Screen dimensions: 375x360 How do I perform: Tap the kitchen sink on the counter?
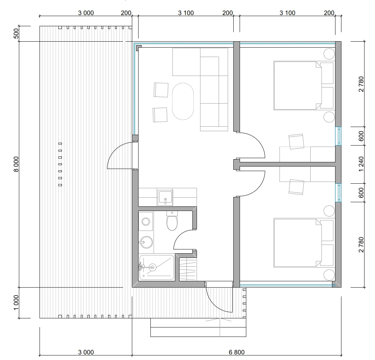point(165,198)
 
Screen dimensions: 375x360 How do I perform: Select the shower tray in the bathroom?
point(157,267)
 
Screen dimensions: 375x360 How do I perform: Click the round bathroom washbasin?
point(146,242)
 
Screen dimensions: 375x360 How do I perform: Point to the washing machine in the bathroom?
point(146,221)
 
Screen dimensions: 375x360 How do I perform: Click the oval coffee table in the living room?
point(183,101)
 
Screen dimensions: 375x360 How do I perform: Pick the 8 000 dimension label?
point(16,164)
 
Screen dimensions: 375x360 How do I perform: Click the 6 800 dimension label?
point(236,352)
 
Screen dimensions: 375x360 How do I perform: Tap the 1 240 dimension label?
point(361,164)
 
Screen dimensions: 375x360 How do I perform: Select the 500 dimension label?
point(16,34)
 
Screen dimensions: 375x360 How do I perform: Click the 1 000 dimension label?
point(16,303)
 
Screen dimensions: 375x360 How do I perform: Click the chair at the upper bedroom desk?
point(296,142)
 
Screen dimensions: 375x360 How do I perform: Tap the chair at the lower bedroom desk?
point(296,187)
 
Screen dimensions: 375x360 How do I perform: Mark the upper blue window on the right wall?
point(338,136)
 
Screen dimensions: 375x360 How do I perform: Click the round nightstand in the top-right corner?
point(329,54)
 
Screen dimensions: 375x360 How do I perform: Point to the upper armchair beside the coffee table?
point(161,90)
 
